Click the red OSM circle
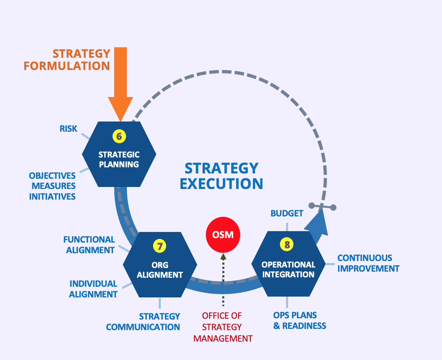pos(223,235)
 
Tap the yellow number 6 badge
pos(119,136)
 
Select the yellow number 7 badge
pos(160,246)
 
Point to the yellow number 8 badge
pos(287,245)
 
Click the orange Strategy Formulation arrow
pos(121,82)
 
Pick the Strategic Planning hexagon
pos(119,160)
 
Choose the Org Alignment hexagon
pos(160,270)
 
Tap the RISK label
pos(68,128)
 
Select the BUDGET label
pos(287,213)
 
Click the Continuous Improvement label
pos(368,263)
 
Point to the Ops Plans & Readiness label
pos(300,321)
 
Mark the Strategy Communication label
pos(143,322)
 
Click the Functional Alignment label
pos(90,245)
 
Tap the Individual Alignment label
pos(93,289)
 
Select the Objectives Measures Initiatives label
pos(52,186)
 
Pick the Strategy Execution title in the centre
pos(221,176)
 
